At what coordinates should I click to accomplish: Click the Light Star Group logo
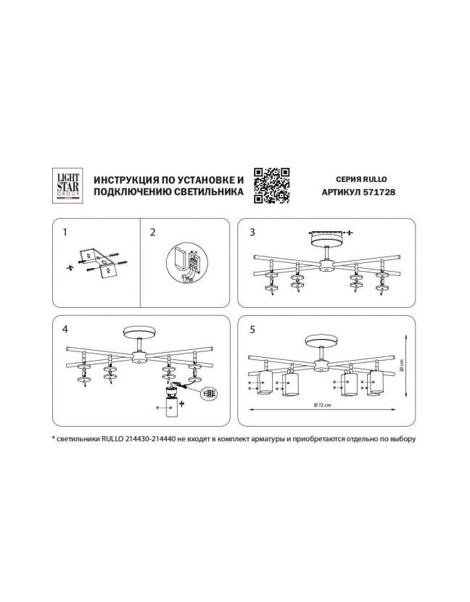pyautogui.click(x=68, y=186)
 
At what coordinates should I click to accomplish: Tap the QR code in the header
pyautogui.click(x=272, y=186)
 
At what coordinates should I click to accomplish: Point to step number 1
pyautogui.click(x=65, y=233)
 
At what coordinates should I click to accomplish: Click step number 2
pyautogui.click(x=153, y=233)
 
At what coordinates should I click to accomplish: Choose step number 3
pyautogui.click(x=252, y=233)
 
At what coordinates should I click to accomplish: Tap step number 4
pyautogui.click(x=65, y=330)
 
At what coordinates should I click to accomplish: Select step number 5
pyautogui.click(x=252, y=330)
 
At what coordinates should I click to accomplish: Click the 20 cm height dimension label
pyautogui.click(x=401, y=366)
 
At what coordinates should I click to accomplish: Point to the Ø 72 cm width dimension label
pyautogui.click(x=322, y=405)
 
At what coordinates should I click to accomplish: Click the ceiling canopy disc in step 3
pyautogui.click(x=326, y=241)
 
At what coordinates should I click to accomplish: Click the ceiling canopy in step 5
pyautogui.click(x=321, y=340)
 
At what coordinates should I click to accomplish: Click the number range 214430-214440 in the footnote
pyautogui.click(x=150, y=439)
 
